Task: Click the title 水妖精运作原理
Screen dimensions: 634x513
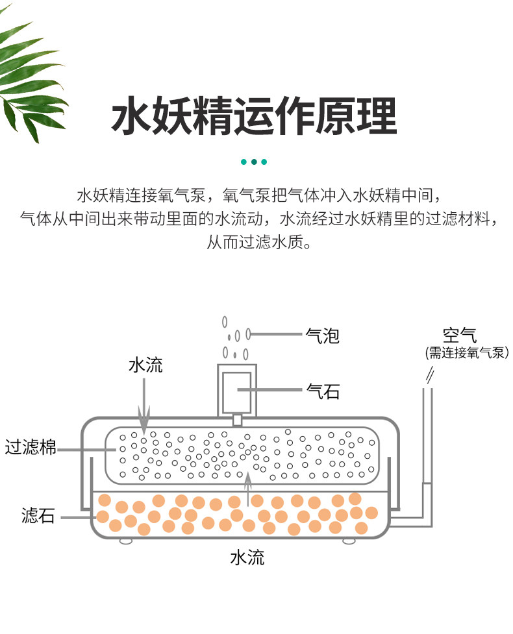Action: (254, 116)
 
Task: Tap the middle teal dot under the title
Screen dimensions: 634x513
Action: (254, 162)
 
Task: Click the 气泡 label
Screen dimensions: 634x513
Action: (322, 335)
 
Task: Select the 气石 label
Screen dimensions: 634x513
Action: (322, 391)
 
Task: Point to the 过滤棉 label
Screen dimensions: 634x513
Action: (31, 448)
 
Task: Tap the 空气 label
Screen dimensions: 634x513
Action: (460, 335)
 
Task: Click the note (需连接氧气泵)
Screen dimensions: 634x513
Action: (466, 352)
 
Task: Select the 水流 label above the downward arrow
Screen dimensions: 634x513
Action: (145, 365)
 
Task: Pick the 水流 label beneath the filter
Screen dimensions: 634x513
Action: (247, 557)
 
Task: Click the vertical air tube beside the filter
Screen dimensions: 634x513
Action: (427, 441)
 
